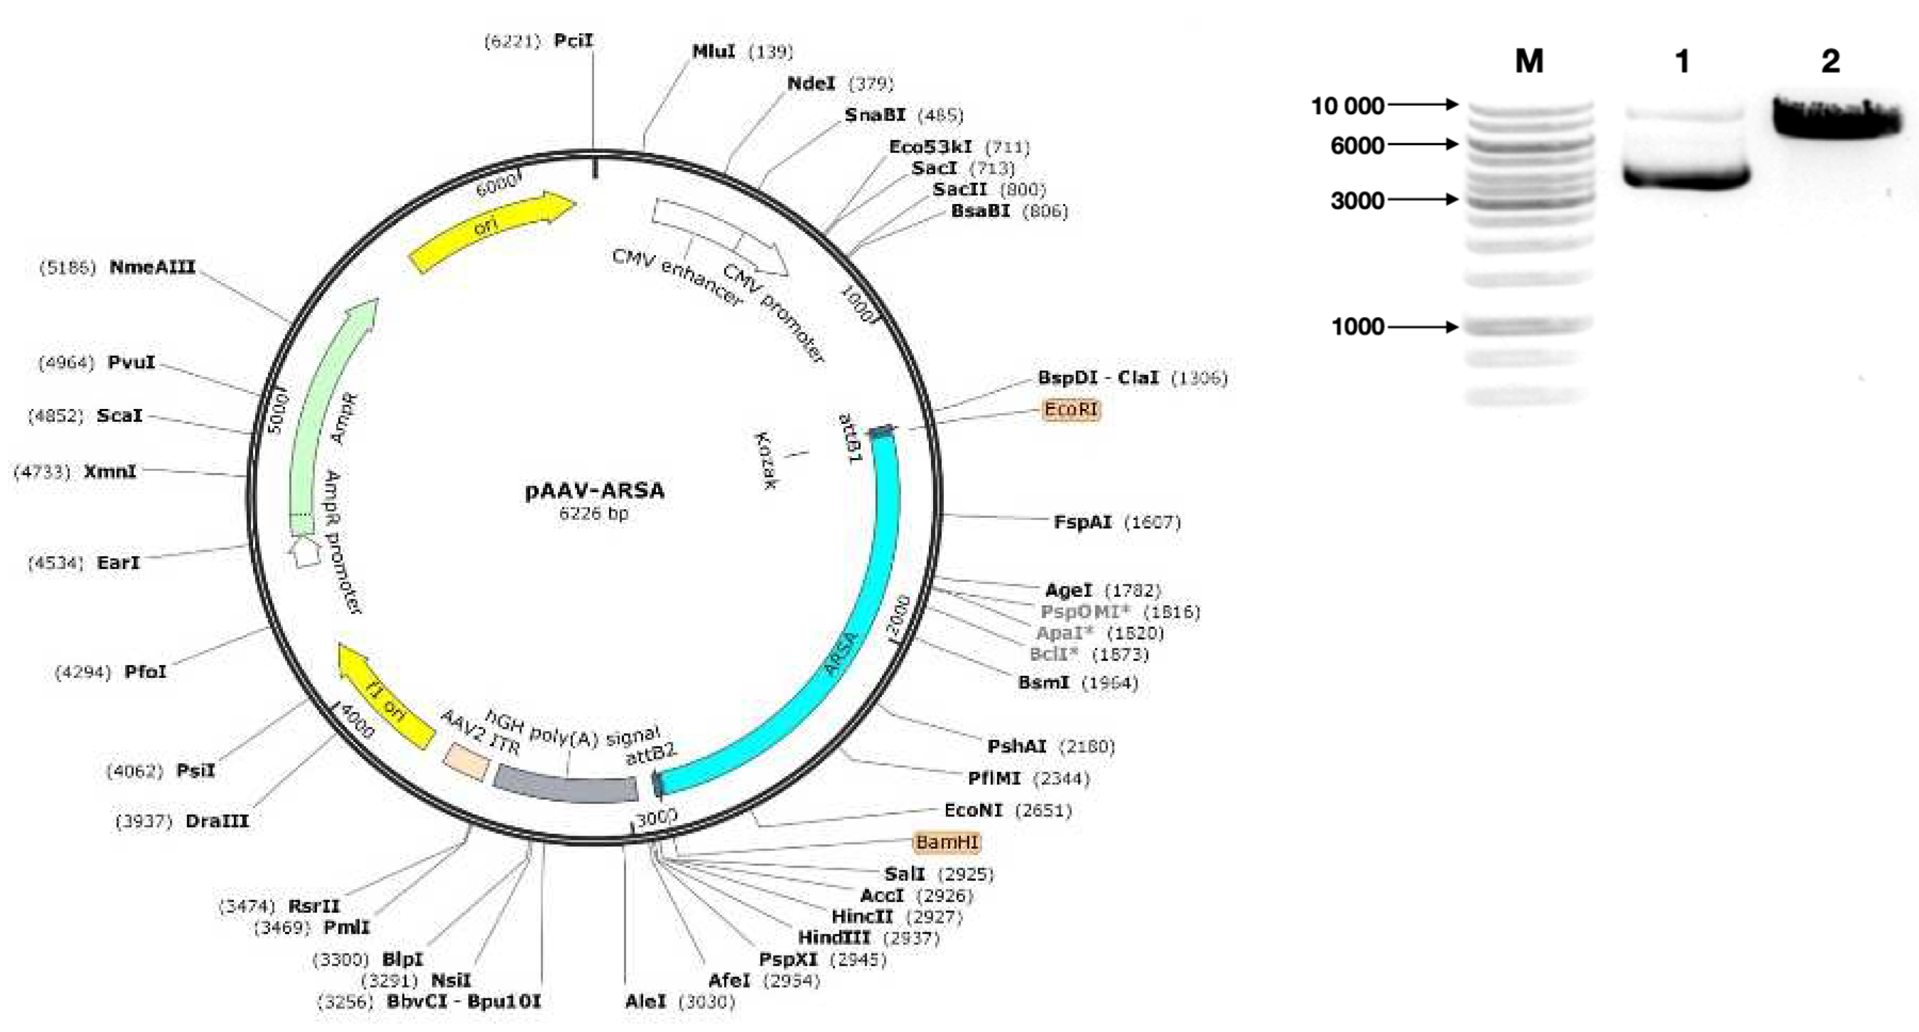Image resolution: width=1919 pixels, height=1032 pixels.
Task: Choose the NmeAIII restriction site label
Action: (152, 267)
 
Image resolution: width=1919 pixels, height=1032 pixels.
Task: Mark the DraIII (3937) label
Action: (217, 821)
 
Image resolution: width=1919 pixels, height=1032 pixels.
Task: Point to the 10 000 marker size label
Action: (1347, 106)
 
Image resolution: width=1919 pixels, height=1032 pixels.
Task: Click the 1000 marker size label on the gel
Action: (1357, 326)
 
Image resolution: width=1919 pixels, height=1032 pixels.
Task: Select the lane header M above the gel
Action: (1529, 61)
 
